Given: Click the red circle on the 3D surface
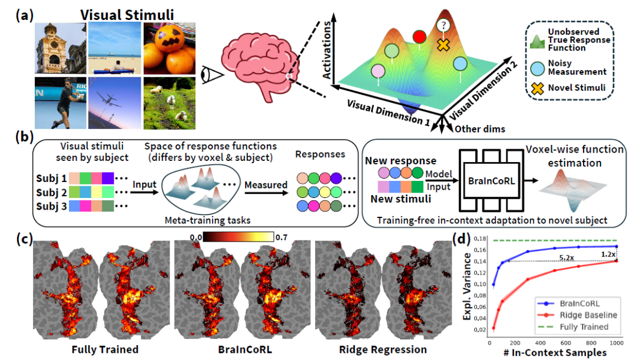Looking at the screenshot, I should coord(419,37).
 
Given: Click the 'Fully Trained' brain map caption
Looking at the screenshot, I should coord(105,349).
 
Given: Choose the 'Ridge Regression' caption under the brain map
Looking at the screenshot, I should coord(383,349).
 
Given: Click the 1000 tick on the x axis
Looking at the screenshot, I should coord(615,342).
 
